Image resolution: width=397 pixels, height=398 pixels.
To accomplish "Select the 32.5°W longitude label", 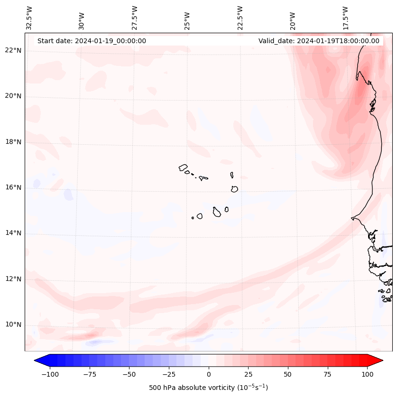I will click(29, 18).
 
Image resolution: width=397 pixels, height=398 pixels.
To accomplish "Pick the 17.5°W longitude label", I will click(346, 18).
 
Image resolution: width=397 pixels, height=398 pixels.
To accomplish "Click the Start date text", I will click(92, 41).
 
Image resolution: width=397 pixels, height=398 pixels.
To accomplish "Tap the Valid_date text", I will click(319, 41).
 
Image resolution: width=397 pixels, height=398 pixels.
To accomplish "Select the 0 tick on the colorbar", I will click(209, 374).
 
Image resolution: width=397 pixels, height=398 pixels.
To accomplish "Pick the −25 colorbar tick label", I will click(169, 374).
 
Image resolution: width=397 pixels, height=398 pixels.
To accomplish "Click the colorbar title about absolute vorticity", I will click(208, 388).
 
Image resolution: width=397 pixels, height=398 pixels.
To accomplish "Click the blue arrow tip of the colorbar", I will click(39, 361).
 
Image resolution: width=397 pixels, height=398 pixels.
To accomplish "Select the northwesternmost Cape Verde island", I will click(183, 167).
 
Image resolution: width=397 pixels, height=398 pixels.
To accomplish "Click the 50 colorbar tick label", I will click(288, 374).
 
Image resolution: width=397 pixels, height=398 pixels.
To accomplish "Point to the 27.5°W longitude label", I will click(135, 18).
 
